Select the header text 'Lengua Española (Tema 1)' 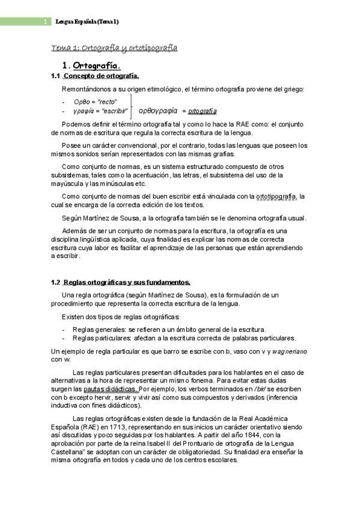click(x=87, y=22)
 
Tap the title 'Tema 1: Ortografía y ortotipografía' click(x=114, y=48)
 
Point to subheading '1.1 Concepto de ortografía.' click(x=96, y=76)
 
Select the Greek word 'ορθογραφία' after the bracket click(x=158, y=111)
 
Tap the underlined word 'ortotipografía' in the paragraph click(x=276, y=196)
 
